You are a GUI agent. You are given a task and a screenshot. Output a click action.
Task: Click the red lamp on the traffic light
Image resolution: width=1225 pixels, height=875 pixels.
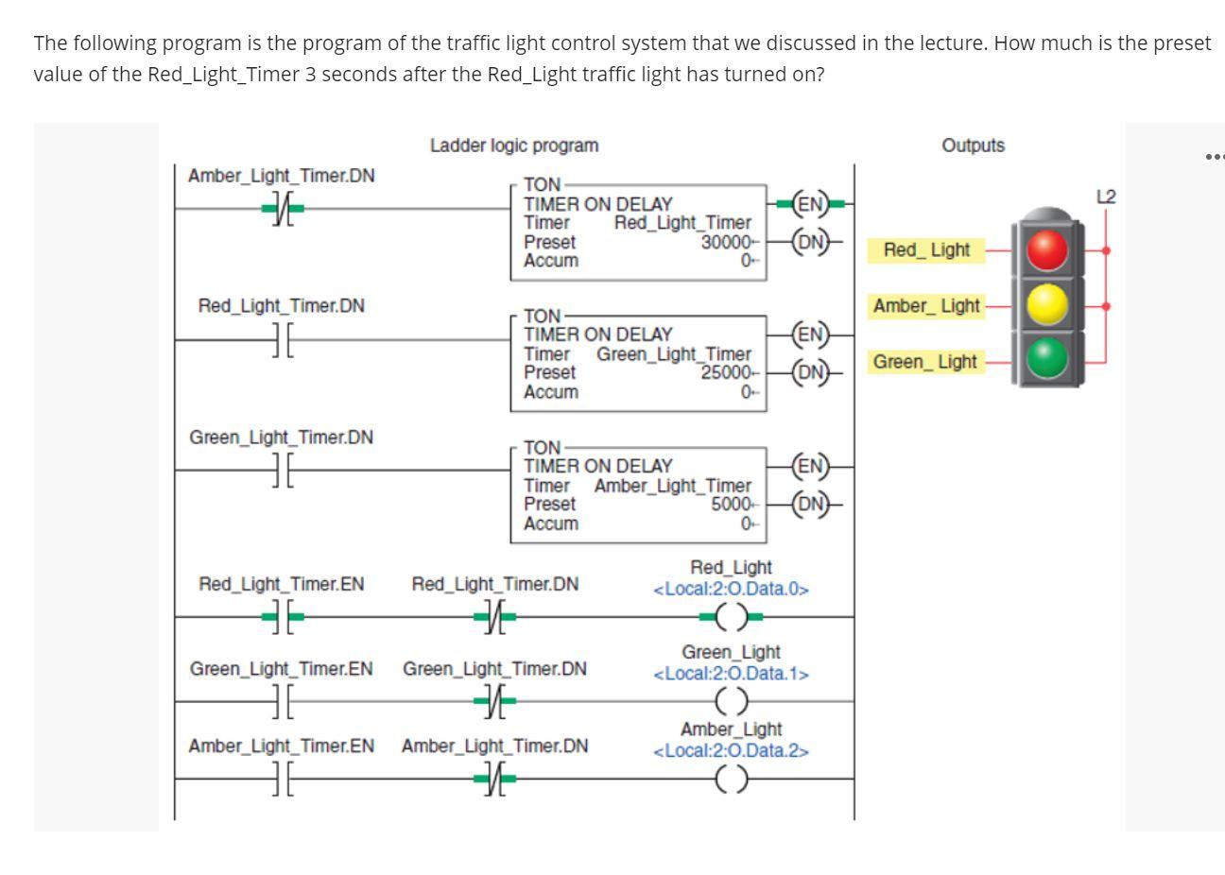[x=1045, y=250]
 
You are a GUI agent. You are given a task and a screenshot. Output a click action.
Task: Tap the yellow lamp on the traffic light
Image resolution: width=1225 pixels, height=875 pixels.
[x=1045, y=305]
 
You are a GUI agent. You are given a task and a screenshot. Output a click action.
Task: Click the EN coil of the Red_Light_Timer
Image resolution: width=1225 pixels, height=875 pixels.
[x=810, y=204]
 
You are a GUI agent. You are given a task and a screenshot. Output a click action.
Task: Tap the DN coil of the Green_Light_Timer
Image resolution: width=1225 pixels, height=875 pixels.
[x=810, y=372]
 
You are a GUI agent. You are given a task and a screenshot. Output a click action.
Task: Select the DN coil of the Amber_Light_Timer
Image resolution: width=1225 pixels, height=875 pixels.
[x=810, y=504]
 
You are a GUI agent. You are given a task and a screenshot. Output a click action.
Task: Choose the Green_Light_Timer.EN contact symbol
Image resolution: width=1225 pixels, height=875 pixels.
[x=281, y=701]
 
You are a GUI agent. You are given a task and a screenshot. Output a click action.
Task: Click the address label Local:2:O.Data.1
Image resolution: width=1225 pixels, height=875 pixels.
[x=731, y=674]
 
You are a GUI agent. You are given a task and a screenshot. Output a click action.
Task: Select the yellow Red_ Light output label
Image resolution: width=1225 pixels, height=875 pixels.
[x=925, y=250]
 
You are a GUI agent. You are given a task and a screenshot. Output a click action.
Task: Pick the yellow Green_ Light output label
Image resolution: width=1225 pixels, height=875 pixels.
[x=924, y=362]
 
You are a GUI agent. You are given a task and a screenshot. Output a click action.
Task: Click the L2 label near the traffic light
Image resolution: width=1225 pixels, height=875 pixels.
[x=1105, y=197]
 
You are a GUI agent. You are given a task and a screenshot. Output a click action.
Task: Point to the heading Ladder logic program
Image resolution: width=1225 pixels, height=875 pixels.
[x=514, y=146]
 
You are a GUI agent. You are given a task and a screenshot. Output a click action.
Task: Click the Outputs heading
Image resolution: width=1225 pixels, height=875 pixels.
[x=973, y=146]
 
